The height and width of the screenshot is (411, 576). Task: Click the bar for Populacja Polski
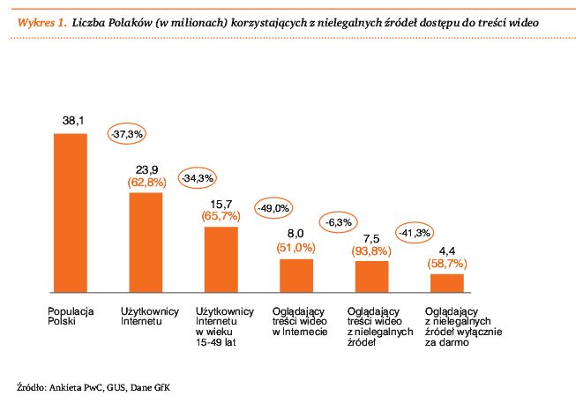click(x=71, y=213)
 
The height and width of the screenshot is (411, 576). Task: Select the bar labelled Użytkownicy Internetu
click(x=146, y=242)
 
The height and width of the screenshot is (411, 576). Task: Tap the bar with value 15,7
click(x=221, y=259)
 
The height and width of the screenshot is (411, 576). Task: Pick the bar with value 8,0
click(x=296, y=275)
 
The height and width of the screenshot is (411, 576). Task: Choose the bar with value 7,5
click(x=371, y=277)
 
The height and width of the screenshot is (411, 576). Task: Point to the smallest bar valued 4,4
click(x=446, y=283)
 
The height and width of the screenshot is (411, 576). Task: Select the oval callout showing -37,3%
click(x=128, y=133)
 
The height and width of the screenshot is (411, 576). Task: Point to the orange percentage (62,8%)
click(x=146, y=183)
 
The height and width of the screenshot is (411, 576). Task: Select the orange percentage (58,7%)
click(x=447, y=264)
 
